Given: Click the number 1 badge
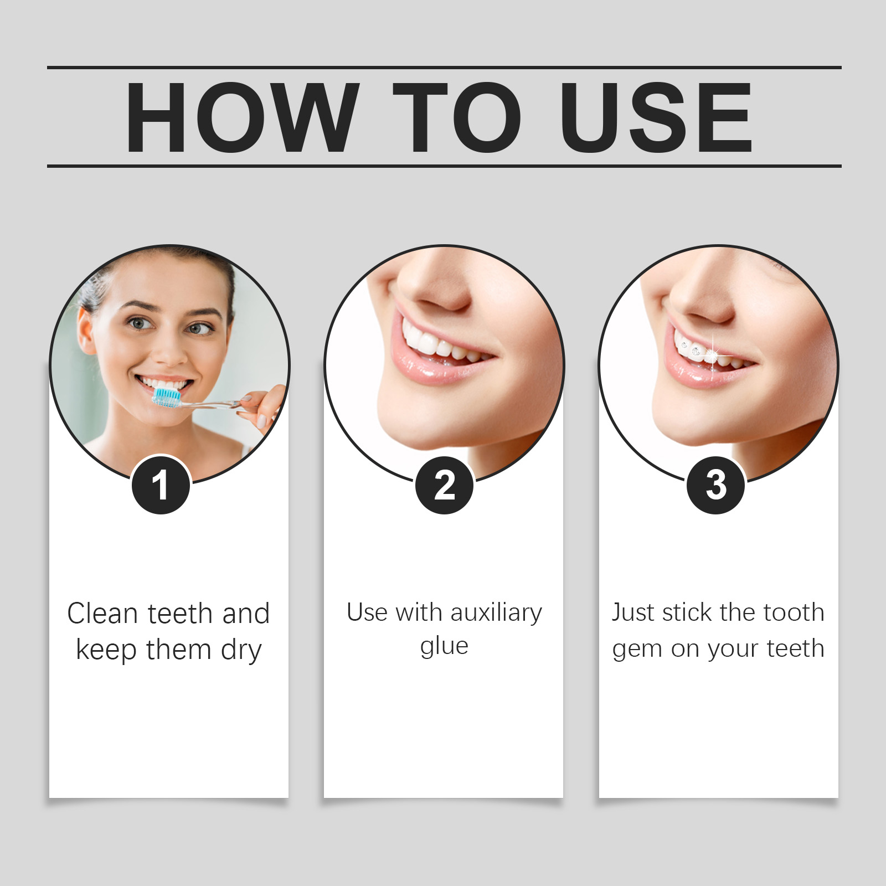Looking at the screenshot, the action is coord(161,485).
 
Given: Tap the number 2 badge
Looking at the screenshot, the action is coord(445,485).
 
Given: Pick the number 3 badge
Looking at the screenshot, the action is coord(716,485).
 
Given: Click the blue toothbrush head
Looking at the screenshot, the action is coord(167,396).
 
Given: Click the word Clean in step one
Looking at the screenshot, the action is coord(102,614).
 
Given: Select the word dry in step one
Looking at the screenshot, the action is coord(241,651).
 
